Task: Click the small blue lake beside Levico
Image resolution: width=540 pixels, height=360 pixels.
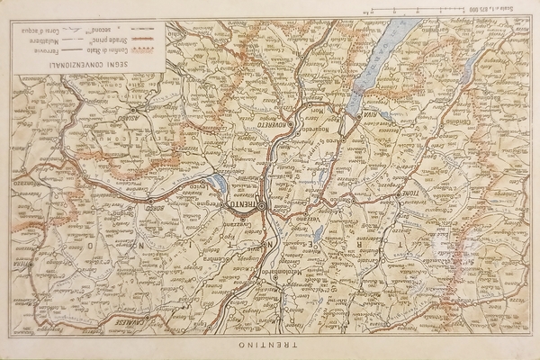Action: pyautogui.click(x=219, y=184)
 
